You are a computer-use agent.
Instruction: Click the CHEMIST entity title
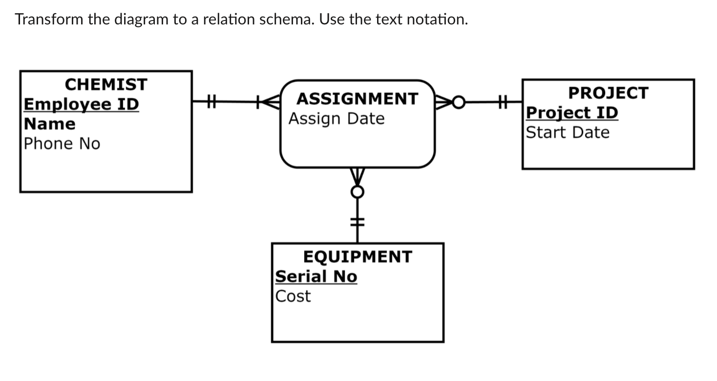coord(106,85)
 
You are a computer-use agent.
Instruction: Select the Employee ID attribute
coord(82,105)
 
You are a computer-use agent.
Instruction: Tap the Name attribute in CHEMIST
coord(50,124)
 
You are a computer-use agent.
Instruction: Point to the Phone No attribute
coord(62,144)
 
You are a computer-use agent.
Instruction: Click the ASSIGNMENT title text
coord(358,99)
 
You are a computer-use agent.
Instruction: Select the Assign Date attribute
coord(337,119)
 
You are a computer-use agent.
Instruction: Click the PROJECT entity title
coord(608,93)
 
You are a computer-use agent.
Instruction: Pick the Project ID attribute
coord(572,113)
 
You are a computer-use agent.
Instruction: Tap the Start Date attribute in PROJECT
coord(568,132)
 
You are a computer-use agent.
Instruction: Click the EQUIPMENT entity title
coord(358,256)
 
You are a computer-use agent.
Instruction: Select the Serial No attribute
coord(316,276)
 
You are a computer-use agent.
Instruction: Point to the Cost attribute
coord(293,296)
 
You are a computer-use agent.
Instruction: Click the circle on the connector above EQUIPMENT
coord(358,192)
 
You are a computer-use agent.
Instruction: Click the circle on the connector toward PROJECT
coord(459,102)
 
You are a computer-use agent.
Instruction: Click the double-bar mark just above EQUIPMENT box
coord(358,221)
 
